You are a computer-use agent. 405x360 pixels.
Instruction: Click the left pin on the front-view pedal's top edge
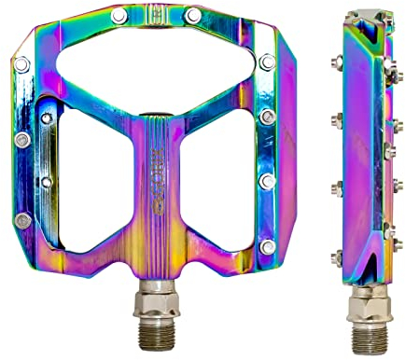point(118,16)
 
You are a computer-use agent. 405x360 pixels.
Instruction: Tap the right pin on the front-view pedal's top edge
point(192,16)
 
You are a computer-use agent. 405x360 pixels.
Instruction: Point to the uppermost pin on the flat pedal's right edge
point(269,63)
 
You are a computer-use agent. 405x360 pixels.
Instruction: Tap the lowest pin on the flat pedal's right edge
point(268,246)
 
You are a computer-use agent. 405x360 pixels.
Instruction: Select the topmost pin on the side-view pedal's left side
point(334,63)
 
